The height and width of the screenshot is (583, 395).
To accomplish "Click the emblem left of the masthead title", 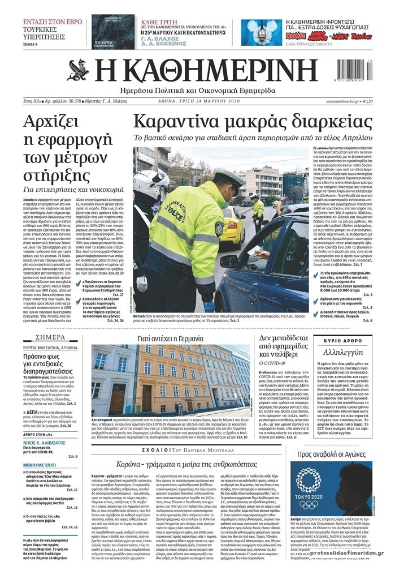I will [79, 71].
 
